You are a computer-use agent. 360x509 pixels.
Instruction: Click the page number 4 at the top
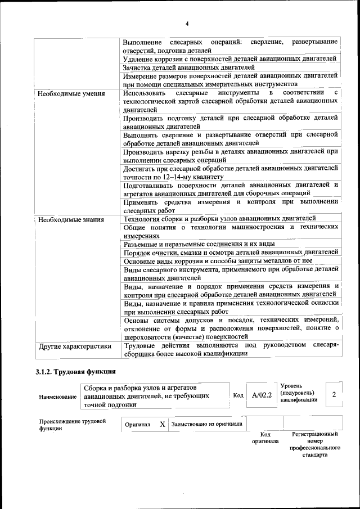click(x=186, y=23)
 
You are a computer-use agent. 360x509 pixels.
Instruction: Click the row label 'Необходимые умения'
click(x=71, y=93)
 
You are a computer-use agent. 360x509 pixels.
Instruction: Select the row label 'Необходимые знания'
click(x=70, y=219)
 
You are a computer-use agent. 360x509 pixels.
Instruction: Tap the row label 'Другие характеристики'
click(x=74, y=346)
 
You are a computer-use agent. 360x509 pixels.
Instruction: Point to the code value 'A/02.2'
click(x=262, y=395)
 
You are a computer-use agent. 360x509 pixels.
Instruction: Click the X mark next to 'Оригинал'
click(x=162, y=424)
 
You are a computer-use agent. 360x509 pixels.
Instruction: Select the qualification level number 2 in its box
click(x=334, y=394)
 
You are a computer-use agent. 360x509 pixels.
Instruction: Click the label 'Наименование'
click(x=58, y=397)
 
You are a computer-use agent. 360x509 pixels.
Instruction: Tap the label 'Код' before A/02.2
click(x=238, y=395)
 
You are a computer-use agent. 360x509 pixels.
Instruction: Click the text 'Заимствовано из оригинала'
click(x=207, y=424)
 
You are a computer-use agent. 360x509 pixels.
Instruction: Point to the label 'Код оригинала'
click(x=265, y=438)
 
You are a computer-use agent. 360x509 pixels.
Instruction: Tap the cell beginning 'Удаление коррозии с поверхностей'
click(x=229, y=58)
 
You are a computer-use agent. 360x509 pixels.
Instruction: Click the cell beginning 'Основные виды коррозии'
click(x=218, y=261)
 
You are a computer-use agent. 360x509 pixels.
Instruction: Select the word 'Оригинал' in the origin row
click(x=137, y=425)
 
